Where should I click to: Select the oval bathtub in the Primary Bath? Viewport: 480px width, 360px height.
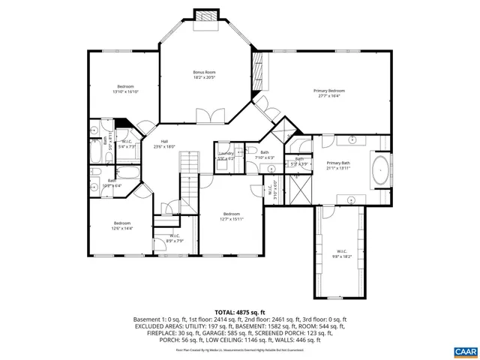(x=381, y=171)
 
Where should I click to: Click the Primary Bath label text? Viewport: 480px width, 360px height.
(x=338, y=165)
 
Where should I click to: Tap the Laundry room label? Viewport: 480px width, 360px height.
(x=226, y=155)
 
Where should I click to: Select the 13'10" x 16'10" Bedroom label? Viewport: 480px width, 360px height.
(x=125, y=88)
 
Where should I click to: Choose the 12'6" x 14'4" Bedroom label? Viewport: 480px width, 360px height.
(x=121, y=225)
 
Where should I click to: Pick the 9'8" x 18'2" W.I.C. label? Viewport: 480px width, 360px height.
(x=341, y=253)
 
